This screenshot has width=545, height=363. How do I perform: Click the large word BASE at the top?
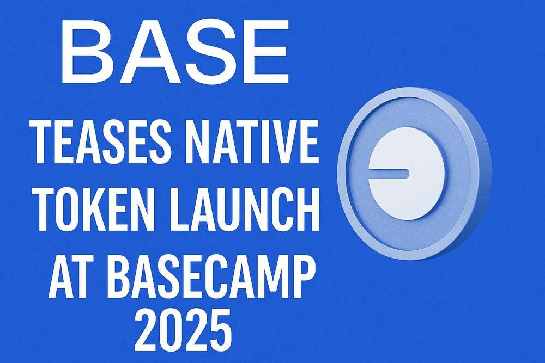175,51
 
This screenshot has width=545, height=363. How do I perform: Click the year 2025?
183,330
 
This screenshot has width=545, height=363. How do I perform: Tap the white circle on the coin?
407,174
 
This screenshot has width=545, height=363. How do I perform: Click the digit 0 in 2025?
171,330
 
